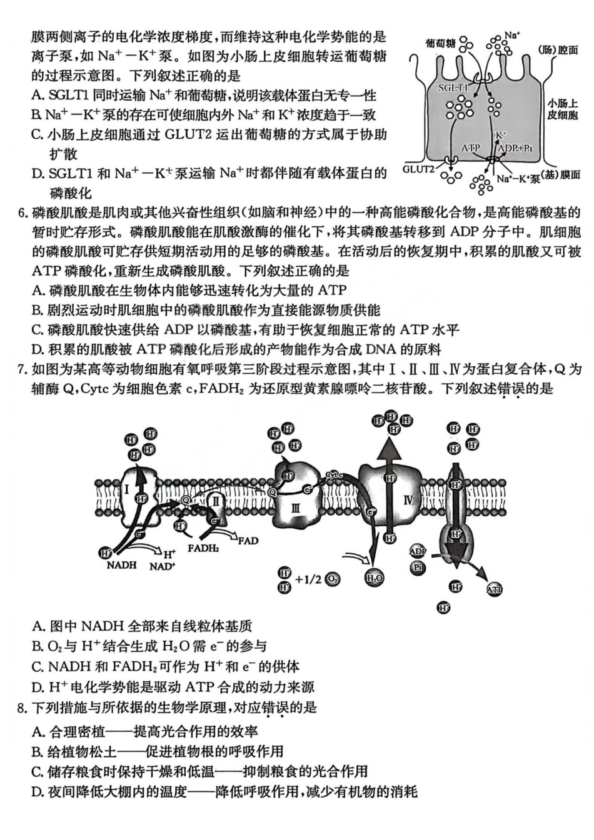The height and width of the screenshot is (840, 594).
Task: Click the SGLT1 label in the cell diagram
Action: pos(453,88)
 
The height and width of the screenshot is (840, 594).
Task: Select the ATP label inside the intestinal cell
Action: pos(471,148)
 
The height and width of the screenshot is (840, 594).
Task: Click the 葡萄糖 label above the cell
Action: pos(440,42)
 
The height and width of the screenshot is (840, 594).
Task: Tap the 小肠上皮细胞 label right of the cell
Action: pos(563,109)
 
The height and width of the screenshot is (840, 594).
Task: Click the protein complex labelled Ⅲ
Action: pos(296,507)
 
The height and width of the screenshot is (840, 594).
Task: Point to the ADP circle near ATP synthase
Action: pos(418,551)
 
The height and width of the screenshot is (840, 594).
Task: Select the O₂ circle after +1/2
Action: pos(333,579)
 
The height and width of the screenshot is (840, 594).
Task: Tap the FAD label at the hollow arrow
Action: pos(248,541)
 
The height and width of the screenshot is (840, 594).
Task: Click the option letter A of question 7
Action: pos(38,626)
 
